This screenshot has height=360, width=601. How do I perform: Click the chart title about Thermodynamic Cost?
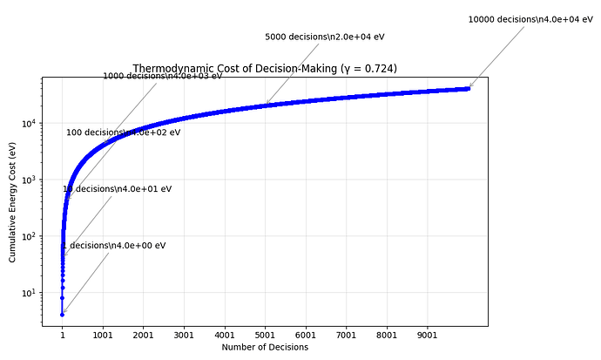click(265, 68)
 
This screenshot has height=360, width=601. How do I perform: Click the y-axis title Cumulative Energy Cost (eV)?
click(13, 202)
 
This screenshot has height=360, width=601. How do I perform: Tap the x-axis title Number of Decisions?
click(265, 347)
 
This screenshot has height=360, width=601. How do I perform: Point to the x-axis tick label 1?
click(62, 334)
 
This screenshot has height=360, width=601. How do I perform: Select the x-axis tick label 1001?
click(103, 334)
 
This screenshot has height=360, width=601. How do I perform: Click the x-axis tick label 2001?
click(144, 334)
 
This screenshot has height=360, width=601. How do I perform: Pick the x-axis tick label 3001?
click(184, 334)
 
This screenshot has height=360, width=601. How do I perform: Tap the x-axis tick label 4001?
click(225, 334)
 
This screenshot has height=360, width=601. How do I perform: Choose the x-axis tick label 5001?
click(266, 334)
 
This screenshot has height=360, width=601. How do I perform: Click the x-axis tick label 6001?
click(306, 334)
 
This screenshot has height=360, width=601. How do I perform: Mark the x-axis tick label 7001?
click(347, 334)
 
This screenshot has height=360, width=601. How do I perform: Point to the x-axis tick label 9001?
click(428, 334)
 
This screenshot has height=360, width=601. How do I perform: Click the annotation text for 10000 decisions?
click(524, 19)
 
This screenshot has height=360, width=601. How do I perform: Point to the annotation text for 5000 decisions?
click(325, 37)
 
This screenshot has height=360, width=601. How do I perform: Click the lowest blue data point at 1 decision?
click(62, 315)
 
